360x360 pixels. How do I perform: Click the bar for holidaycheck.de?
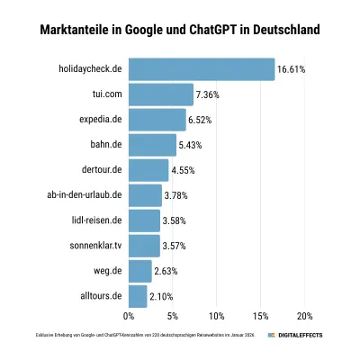(202, 69)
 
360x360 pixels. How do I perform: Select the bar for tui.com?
(161, 94)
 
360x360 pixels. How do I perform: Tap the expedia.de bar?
(157, 120)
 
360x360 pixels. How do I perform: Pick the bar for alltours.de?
(138, 296)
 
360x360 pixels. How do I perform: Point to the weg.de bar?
(140, 271)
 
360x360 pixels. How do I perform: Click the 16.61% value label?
(292, 69)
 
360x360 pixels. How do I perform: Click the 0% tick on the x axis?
(129, 316)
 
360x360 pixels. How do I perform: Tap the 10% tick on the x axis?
(216, 316)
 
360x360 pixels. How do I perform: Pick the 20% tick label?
(304, 316)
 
